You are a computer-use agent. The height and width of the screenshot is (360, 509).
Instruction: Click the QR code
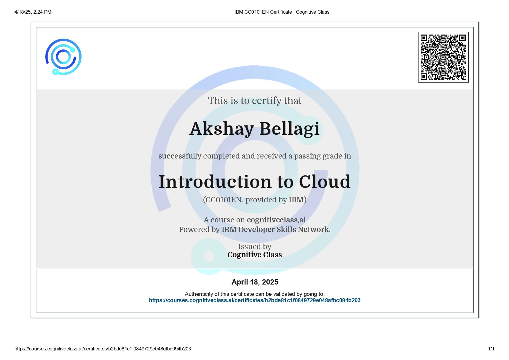(443, 57)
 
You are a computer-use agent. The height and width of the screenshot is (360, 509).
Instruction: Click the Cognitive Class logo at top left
(63, 57)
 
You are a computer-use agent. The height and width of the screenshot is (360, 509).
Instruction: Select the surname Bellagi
(289, 129)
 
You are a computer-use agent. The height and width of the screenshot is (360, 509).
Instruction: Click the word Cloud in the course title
(324, 182)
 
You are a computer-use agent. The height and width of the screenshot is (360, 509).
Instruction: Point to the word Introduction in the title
(215, 182)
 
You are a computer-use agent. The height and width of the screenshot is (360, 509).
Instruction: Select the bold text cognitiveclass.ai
(276, 220)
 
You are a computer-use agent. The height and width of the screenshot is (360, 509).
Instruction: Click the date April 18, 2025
(255, 282)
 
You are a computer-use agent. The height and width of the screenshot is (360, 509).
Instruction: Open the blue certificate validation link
(255, 300)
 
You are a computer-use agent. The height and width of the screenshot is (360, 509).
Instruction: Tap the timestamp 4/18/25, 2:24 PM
(33, 12)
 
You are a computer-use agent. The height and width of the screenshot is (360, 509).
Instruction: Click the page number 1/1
(491, 349)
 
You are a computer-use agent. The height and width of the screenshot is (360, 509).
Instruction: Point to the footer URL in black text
(103, 349)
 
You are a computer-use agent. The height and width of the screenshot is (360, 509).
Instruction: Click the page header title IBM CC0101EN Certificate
(263, 12)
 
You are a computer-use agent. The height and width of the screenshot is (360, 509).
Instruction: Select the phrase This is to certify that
(255, 100)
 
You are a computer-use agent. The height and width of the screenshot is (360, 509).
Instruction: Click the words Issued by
(255, 246)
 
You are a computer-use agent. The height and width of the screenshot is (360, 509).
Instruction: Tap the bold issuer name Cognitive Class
(255, 255)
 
